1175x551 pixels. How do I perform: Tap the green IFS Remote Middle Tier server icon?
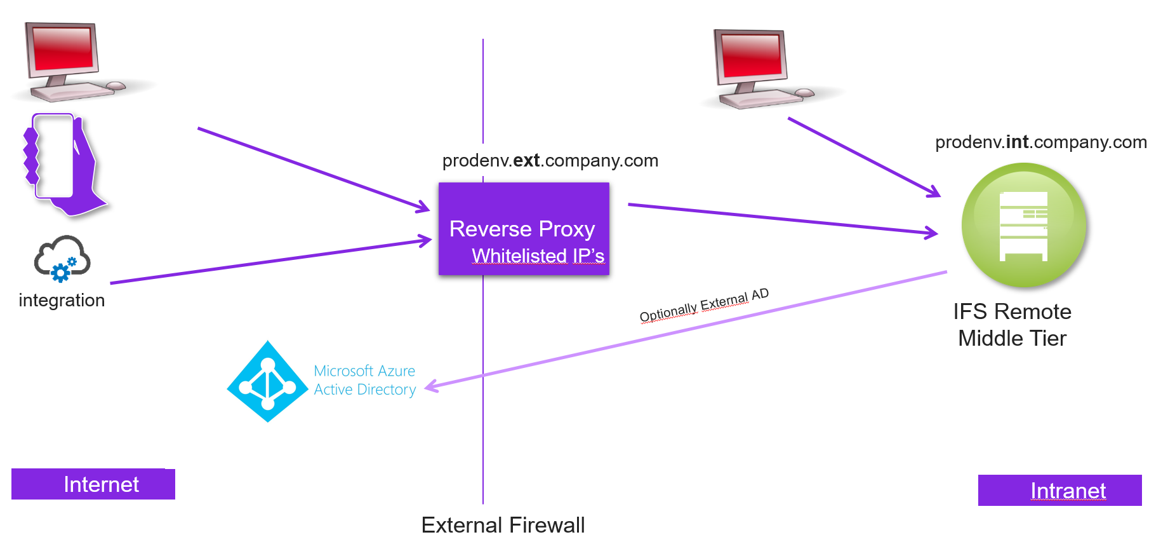(1023, 226)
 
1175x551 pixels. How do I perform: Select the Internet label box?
(93, 484)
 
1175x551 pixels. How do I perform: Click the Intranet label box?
(1059, 491)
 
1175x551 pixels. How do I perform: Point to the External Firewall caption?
(503, 526)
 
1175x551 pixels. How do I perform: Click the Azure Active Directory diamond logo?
(268, 382)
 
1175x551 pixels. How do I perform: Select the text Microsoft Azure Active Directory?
(364, 380)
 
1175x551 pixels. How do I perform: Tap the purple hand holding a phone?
(63, 163)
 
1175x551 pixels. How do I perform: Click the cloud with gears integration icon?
(62, 259)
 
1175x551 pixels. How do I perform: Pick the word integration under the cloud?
(62, 300)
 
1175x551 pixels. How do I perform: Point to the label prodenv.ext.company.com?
(550, 160)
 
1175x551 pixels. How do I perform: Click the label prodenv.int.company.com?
(1040, 142)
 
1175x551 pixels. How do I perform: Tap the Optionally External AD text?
(704, 305)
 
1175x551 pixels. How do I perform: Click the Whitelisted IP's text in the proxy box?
(538, 255)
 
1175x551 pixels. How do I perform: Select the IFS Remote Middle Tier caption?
(1012, 325)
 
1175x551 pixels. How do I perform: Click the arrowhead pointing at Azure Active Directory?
(432, 386)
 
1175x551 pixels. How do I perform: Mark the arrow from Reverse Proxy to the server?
(781, 219)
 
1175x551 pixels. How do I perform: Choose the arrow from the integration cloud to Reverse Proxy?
(270, 261)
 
